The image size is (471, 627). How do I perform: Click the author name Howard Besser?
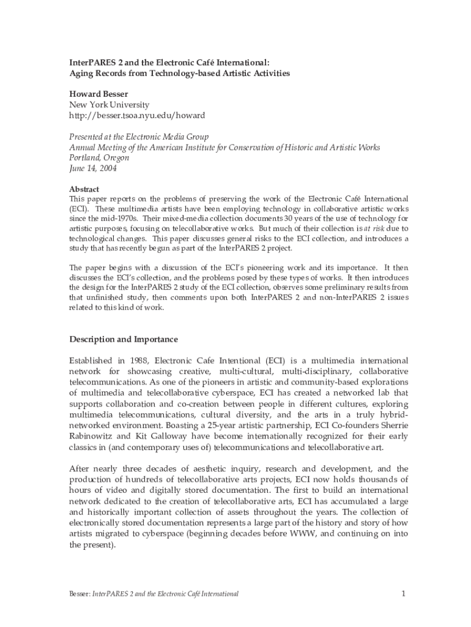[98, 94]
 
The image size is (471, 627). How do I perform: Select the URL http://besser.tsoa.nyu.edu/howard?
[136, 115]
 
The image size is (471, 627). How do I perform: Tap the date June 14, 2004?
[92, 168]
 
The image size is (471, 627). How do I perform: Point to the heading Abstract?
[84, 189]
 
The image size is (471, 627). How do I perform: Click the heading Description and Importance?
[123, 339]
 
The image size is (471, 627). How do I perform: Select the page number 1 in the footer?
[404, 593]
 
